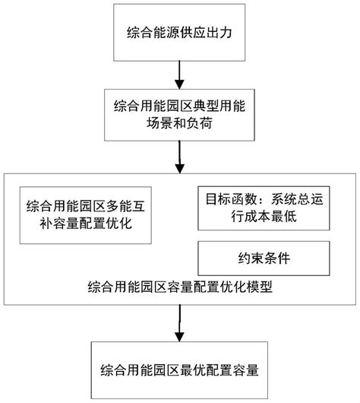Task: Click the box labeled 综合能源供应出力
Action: coord(179,33)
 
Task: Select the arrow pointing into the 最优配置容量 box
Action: coord(179,322)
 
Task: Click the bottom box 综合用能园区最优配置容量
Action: coord(179,372)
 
